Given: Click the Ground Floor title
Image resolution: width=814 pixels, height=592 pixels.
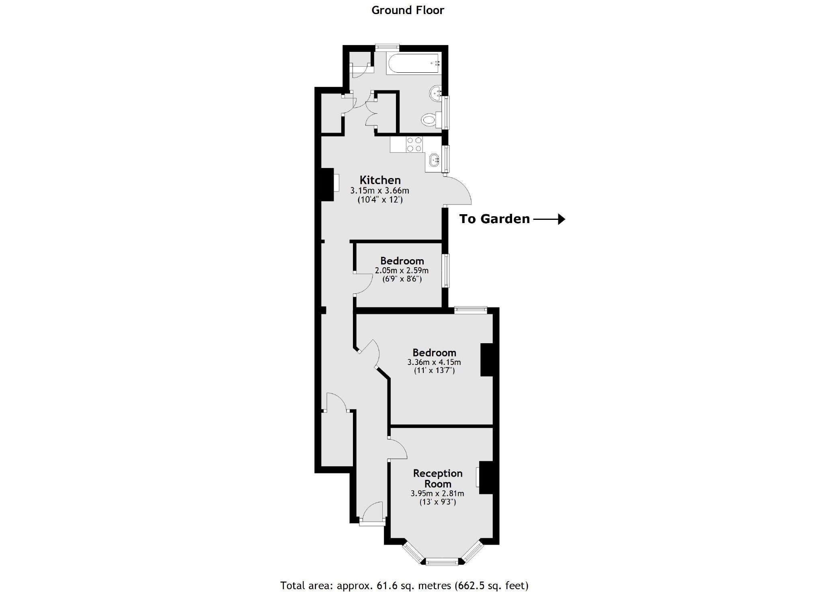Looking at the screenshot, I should (x=407, y=10).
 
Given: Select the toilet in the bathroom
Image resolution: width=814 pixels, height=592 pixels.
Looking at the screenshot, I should (x=430, y=119).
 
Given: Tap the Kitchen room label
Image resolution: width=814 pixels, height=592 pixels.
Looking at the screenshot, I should (x=380, y=180).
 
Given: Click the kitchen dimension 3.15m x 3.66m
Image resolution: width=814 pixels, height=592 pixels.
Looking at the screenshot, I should (x=380, y=190).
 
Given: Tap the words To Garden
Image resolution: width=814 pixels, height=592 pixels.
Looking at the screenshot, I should (x=494, y=219).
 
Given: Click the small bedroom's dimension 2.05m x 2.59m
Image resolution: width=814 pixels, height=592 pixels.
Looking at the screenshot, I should (x=402, y=270).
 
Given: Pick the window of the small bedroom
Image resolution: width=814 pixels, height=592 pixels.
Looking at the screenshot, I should (x=446, y=270).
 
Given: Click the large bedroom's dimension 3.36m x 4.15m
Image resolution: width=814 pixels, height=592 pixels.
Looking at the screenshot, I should (x=434, y=362).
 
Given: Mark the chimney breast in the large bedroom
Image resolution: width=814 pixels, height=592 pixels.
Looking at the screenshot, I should (x=486, y=360).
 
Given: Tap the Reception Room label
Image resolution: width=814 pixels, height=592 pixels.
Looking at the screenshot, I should (x=438, y=478).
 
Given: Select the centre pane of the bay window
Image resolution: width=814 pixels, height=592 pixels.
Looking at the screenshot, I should (x=442, y=561).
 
